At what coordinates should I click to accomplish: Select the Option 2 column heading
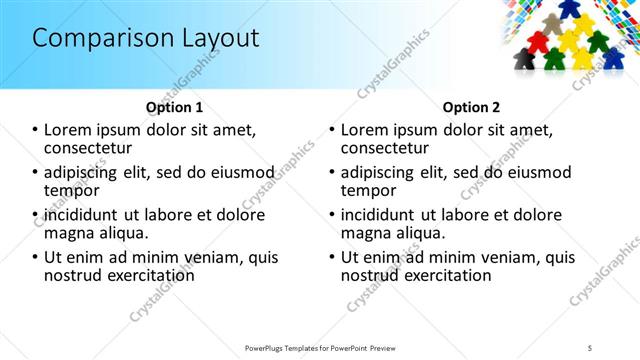click(x=471, y=107)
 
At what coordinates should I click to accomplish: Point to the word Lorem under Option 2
click(x=366, y=129)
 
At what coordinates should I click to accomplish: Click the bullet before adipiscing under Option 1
click(x=36, y=172)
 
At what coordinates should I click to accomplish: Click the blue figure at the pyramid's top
click(x=569, y=8)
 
